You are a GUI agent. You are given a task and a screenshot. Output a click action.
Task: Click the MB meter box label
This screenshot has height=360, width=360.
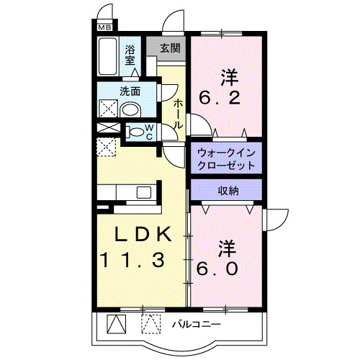coord(105,30)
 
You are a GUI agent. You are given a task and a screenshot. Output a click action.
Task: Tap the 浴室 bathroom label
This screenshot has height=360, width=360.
coord(130,55)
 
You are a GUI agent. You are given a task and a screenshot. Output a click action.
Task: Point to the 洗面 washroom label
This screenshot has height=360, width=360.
coord(130,92)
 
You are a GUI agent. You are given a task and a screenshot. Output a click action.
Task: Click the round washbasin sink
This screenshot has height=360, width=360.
coord(130,109)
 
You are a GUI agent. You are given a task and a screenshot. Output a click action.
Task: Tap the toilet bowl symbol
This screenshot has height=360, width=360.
coord(134,132)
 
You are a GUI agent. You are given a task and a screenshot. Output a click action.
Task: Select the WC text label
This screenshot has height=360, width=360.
coord(149,132)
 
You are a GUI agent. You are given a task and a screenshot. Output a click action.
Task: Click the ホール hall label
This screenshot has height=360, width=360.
coord(178,114)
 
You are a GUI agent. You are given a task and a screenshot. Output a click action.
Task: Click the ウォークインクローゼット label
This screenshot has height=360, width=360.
coord(226,158)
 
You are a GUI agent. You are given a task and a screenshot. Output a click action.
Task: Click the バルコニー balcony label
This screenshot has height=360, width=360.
coord(196,325)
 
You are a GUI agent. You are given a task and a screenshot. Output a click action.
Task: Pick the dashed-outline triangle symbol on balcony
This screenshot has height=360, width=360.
coord(149,323)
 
